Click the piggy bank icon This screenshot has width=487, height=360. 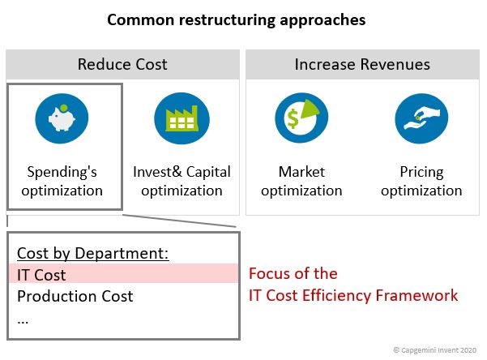62,118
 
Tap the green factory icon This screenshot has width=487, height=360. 182,118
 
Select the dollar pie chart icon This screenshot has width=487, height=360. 301,118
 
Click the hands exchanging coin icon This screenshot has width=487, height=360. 421,118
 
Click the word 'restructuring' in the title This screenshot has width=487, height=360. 227,20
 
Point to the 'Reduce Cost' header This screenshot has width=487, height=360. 122,64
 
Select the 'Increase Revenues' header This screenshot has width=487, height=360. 362,64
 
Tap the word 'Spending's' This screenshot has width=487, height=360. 62,172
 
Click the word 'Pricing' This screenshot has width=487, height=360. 421,172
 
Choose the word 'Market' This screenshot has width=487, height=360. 301,172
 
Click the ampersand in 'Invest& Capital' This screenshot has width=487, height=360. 177,172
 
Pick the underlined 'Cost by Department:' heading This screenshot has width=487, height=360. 93,253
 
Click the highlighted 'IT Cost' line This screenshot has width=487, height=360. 41,275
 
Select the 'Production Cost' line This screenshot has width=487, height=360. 75,296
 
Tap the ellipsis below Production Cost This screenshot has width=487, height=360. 23,322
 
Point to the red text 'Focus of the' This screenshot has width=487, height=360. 293,273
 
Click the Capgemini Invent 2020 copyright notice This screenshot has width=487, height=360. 435,350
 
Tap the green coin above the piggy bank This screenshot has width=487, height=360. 64,108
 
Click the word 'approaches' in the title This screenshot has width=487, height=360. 323,20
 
